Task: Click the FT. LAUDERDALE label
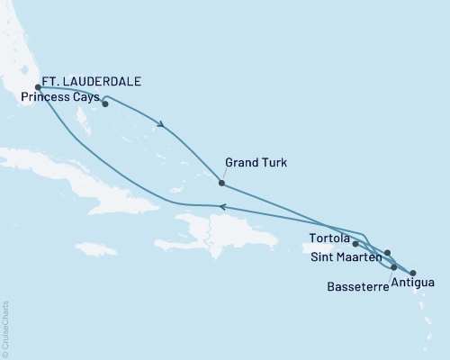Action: click(91, 80)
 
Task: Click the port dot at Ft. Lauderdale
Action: click(38, 87)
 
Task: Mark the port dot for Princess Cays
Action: click(105, 103)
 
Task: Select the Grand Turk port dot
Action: click(221, 183)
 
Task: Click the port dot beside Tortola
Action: click(355, 243)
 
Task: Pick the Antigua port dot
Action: click(413, 272)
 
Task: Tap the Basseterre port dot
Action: click(394, 267)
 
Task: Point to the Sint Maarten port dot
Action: click(387, 253)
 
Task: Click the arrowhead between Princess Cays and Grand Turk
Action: click(162, 125)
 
